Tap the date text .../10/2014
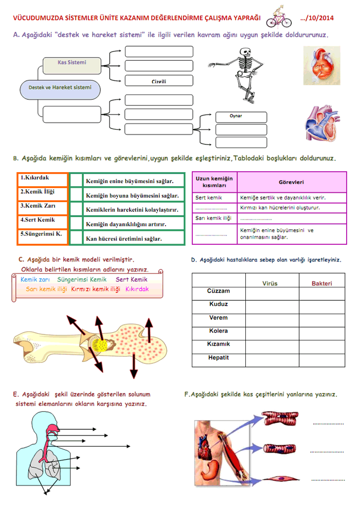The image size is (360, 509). click(x=317, y=18)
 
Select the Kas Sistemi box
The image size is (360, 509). click(x=72, y=63)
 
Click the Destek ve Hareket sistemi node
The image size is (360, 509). click(x=60, y=88)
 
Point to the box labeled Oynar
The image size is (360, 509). click(x=241, y=116)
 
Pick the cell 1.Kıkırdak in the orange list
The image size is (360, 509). click(x=42, y=179)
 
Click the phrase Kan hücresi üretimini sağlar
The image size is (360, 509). click(x=124, y=239)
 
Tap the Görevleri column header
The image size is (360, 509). click(x=292, y=182)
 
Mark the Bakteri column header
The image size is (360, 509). click(x=322, y=283)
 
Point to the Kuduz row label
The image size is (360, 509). click(x=219, y=304)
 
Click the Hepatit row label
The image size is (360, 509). click(x=219, y=358)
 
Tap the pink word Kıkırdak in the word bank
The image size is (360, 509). click(x=137, y=289)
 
